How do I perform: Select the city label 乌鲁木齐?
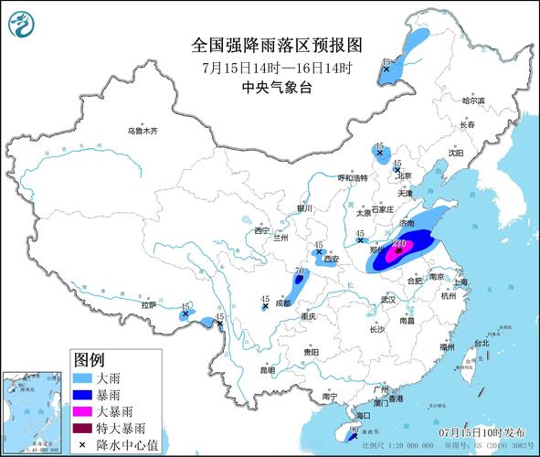click(x=143, y=132)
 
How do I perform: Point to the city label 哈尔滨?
click(x=473, y=101)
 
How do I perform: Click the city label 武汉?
click(x=388, y=299)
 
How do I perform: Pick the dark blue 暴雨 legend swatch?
click(x=83, y=395)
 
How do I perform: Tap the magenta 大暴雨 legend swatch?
click(x=83, y=411)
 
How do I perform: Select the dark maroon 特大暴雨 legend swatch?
click(x=83, y=428)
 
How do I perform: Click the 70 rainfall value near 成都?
click(x=299, y=271)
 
